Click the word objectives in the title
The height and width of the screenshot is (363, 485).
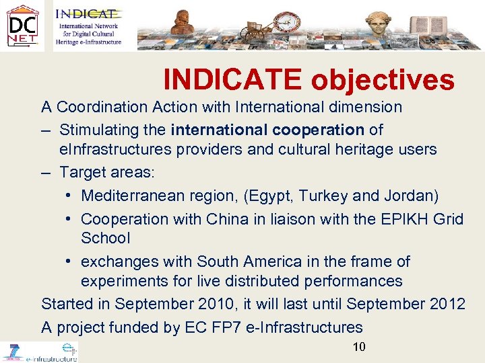(382, 81)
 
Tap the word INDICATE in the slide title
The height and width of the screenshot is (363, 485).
(232, 81)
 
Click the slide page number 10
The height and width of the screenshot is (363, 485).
(359, 347)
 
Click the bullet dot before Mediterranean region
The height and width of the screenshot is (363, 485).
(70, 196)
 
